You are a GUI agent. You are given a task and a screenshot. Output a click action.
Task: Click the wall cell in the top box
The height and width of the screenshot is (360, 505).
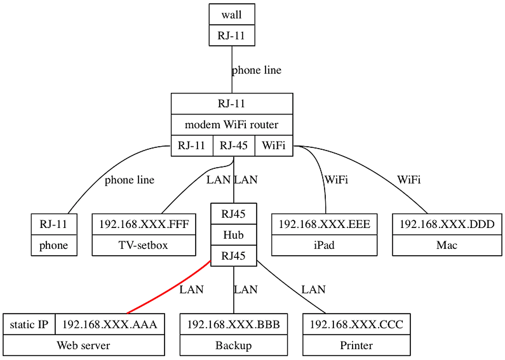[x=232, y=15]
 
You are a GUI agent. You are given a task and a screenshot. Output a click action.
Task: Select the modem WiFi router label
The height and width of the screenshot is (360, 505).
[x=232, y=124]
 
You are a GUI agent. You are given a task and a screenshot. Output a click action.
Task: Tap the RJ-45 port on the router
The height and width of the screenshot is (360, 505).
[x=234, y=146]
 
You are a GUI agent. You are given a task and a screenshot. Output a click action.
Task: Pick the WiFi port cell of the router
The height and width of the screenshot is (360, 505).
[x=274, y=146]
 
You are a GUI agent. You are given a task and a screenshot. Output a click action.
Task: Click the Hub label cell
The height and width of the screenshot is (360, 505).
[x=234, y=235]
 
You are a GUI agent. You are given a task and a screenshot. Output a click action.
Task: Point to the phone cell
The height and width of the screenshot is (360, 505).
[x=54, y=245]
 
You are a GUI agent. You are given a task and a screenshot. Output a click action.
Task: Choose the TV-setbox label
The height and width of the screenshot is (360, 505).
[x=144, y=245]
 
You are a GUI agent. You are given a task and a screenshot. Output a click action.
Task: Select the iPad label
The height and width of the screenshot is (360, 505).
[x=324, y=245]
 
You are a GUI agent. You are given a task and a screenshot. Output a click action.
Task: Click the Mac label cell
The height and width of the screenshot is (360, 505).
[x=447, y=245]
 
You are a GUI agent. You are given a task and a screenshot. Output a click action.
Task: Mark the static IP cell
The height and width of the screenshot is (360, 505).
[x=29, y=324]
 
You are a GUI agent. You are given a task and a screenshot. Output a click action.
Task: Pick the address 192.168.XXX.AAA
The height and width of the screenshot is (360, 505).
[x=109, y=324]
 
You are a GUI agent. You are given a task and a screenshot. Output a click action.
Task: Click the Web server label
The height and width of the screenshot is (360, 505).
[x=83, y=345]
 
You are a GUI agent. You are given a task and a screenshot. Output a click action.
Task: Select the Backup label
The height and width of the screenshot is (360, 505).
[x=234, y=345]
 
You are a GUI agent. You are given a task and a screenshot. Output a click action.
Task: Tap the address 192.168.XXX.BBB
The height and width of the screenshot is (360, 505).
[x=234, y=324]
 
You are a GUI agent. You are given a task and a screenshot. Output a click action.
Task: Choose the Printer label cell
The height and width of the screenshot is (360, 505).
[x=356, y=345]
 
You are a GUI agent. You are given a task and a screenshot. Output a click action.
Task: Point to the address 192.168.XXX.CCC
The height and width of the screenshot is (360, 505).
[x=356, y=324]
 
